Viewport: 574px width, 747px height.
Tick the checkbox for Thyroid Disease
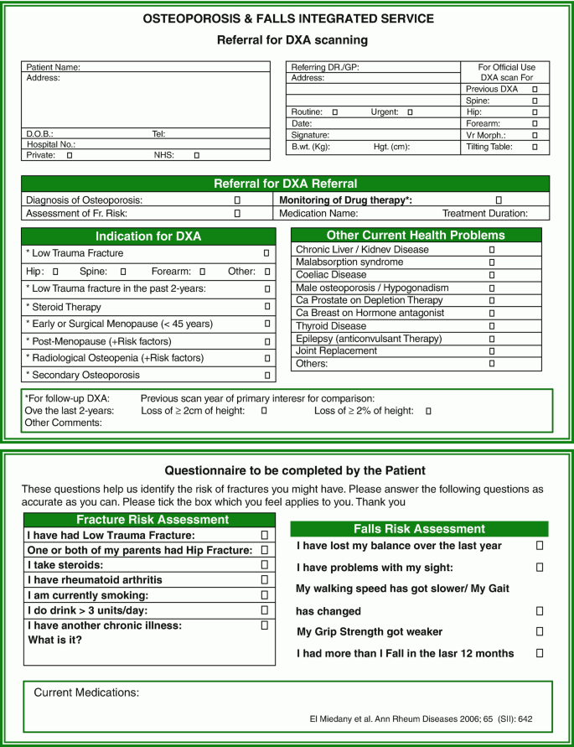pyautogui.click(x=492, y=326)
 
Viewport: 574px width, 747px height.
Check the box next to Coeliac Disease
pyautogui.click(x=492, y=275)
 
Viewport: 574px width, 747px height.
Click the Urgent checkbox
pyautogui.click(x=410, y=112)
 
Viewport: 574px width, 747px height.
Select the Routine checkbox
pyautogui.click(x=335, y=112)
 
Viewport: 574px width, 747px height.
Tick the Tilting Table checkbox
pyautogui.click(x=535, y=147)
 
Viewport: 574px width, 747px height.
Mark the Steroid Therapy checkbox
pyautogui.click(x=266, y=308)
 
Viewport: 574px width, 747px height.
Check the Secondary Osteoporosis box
pyautogui.click(x=266, y=376)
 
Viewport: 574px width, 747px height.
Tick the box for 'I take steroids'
pyautogui.click(x=264, y=565)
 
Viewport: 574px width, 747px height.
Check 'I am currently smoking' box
pyautogui.click(x=264, y=595)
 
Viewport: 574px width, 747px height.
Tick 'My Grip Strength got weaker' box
pyautogui.click(x=540, y=631)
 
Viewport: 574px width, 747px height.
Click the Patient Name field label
pyautogui.click(x=53, y=67)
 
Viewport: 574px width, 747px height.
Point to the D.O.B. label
pyautogui.click(x=41, y=133)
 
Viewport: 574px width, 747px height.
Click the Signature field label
pyautogui.click(x=310, y=135)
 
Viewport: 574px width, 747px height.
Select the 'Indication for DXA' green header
pyautogui.click(x=148, y=236)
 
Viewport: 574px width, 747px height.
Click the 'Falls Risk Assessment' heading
pyautogui.click(x=419, y=529)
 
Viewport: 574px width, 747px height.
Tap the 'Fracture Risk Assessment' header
pyautogui.click(x=147, y=520)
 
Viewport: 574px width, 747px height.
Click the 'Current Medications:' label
pyautogui.click(x=86, y=693)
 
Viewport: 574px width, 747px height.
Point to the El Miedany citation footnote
pyautogui.click(x=421, y=719)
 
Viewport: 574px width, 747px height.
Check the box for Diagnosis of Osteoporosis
pyautogui.click(x=237, y=200)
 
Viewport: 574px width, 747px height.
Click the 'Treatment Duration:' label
pyautogui.click(x=485, y=214)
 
